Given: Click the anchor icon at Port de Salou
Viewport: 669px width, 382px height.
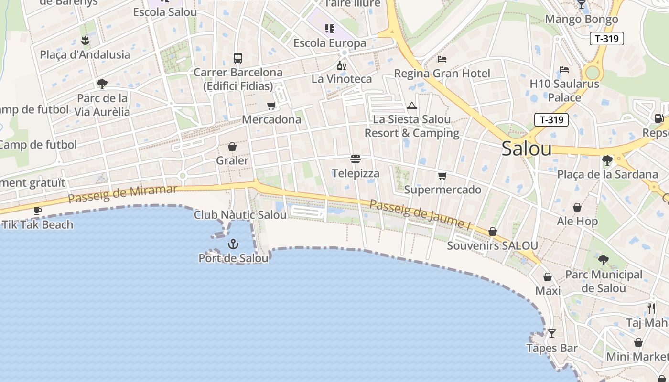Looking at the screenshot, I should point(233,244).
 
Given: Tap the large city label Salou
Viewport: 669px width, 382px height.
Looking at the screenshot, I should point(527,149).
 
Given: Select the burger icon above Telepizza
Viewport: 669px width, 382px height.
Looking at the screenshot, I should point(355,159).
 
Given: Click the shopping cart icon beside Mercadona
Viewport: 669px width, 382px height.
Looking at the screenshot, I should point(271,106).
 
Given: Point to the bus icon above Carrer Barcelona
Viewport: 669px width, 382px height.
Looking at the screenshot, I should point(238,58).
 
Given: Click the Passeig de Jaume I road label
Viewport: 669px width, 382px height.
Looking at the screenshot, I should point(417,213).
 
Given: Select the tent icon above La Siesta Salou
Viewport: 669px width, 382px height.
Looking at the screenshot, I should point(412,106).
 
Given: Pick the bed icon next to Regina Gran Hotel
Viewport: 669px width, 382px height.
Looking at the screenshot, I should point(442,59).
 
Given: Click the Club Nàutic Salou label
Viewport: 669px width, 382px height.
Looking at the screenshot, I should point(240,215).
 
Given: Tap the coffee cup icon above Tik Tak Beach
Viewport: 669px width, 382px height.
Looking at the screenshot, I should point(38,211).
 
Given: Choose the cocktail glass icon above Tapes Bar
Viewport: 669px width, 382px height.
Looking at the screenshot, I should point(552,334).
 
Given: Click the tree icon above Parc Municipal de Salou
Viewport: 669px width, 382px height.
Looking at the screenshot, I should point(604,260).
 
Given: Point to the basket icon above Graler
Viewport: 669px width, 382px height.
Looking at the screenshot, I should point(232,146).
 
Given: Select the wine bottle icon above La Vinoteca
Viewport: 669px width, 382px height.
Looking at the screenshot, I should point(341,65).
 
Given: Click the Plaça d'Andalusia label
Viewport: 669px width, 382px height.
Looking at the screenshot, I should point(85,54).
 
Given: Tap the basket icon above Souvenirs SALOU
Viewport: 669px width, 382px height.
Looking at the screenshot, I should point(493,232).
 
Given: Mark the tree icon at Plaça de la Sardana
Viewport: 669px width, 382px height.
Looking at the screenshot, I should point(607,160).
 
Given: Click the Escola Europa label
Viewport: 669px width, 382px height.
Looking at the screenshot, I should point(330,43).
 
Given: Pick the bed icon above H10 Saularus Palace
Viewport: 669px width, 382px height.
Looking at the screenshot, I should point(564,70).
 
